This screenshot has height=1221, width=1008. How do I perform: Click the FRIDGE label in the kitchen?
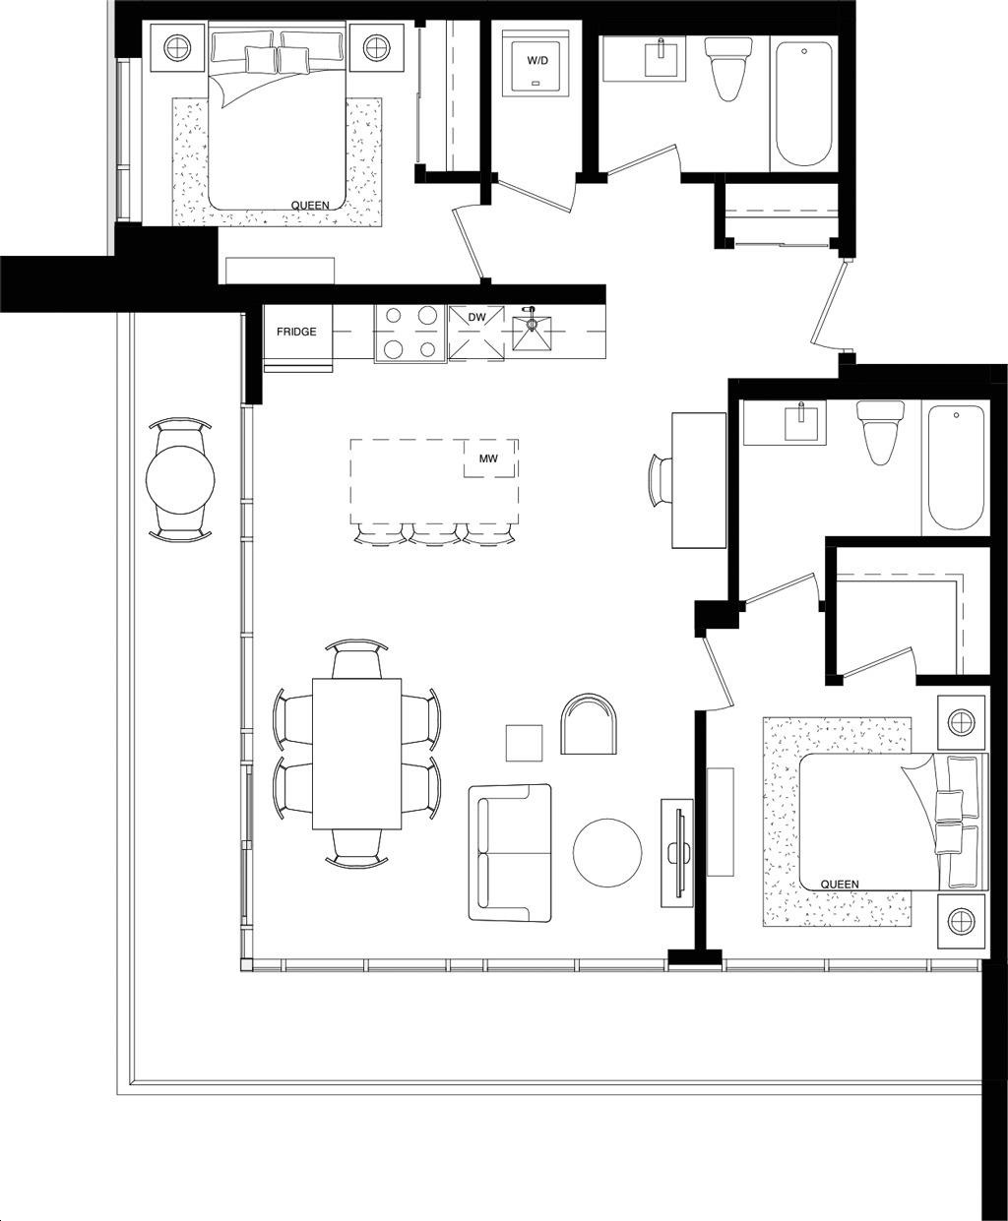(296, 333)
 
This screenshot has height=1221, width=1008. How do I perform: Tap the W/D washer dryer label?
(537, 61)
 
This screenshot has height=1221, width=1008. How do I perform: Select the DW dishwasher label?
(476, 318)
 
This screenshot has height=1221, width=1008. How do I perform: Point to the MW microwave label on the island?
(488, 459)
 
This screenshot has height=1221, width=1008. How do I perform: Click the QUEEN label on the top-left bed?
(310, 206)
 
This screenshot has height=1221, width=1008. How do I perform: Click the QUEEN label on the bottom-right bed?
(840, 885)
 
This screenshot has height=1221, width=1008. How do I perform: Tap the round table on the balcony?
(180, 480)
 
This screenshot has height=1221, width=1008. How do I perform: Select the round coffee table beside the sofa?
(607, 852)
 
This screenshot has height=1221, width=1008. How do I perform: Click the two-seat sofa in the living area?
(510, 852)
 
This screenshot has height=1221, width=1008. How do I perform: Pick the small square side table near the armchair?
(524, 743)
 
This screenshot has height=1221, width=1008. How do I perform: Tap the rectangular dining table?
(357, 754)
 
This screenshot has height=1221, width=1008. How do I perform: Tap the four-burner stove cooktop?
(409, 333)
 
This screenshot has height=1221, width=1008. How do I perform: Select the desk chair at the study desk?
(660, 480)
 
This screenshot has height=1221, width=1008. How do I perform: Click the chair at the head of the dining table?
(356, 659)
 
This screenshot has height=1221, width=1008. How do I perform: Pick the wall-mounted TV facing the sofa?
(678, 850)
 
